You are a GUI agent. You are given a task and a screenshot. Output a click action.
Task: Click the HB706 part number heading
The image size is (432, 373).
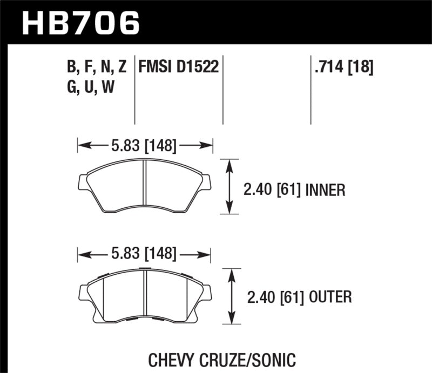(x=81, y=23)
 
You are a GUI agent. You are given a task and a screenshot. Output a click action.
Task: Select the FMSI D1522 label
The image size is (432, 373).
(x=178, y=67)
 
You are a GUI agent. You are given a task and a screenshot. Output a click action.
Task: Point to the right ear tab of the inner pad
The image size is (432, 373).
(x=207, y=182)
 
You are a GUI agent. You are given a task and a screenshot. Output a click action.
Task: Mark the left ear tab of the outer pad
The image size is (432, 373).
(x=83, y=292)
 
